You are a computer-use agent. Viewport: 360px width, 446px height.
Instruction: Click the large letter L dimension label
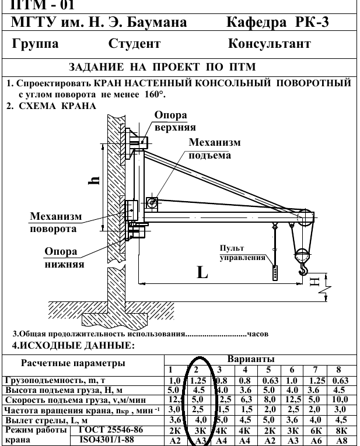(202, 273)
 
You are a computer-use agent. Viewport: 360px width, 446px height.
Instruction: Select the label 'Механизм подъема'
(215, 149)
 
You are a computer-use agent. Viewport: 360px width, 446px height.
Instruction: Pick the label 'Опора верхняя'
(175, 121)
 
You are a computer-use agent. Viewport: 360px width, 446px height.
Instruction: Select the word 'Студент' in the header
(134, 44)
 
